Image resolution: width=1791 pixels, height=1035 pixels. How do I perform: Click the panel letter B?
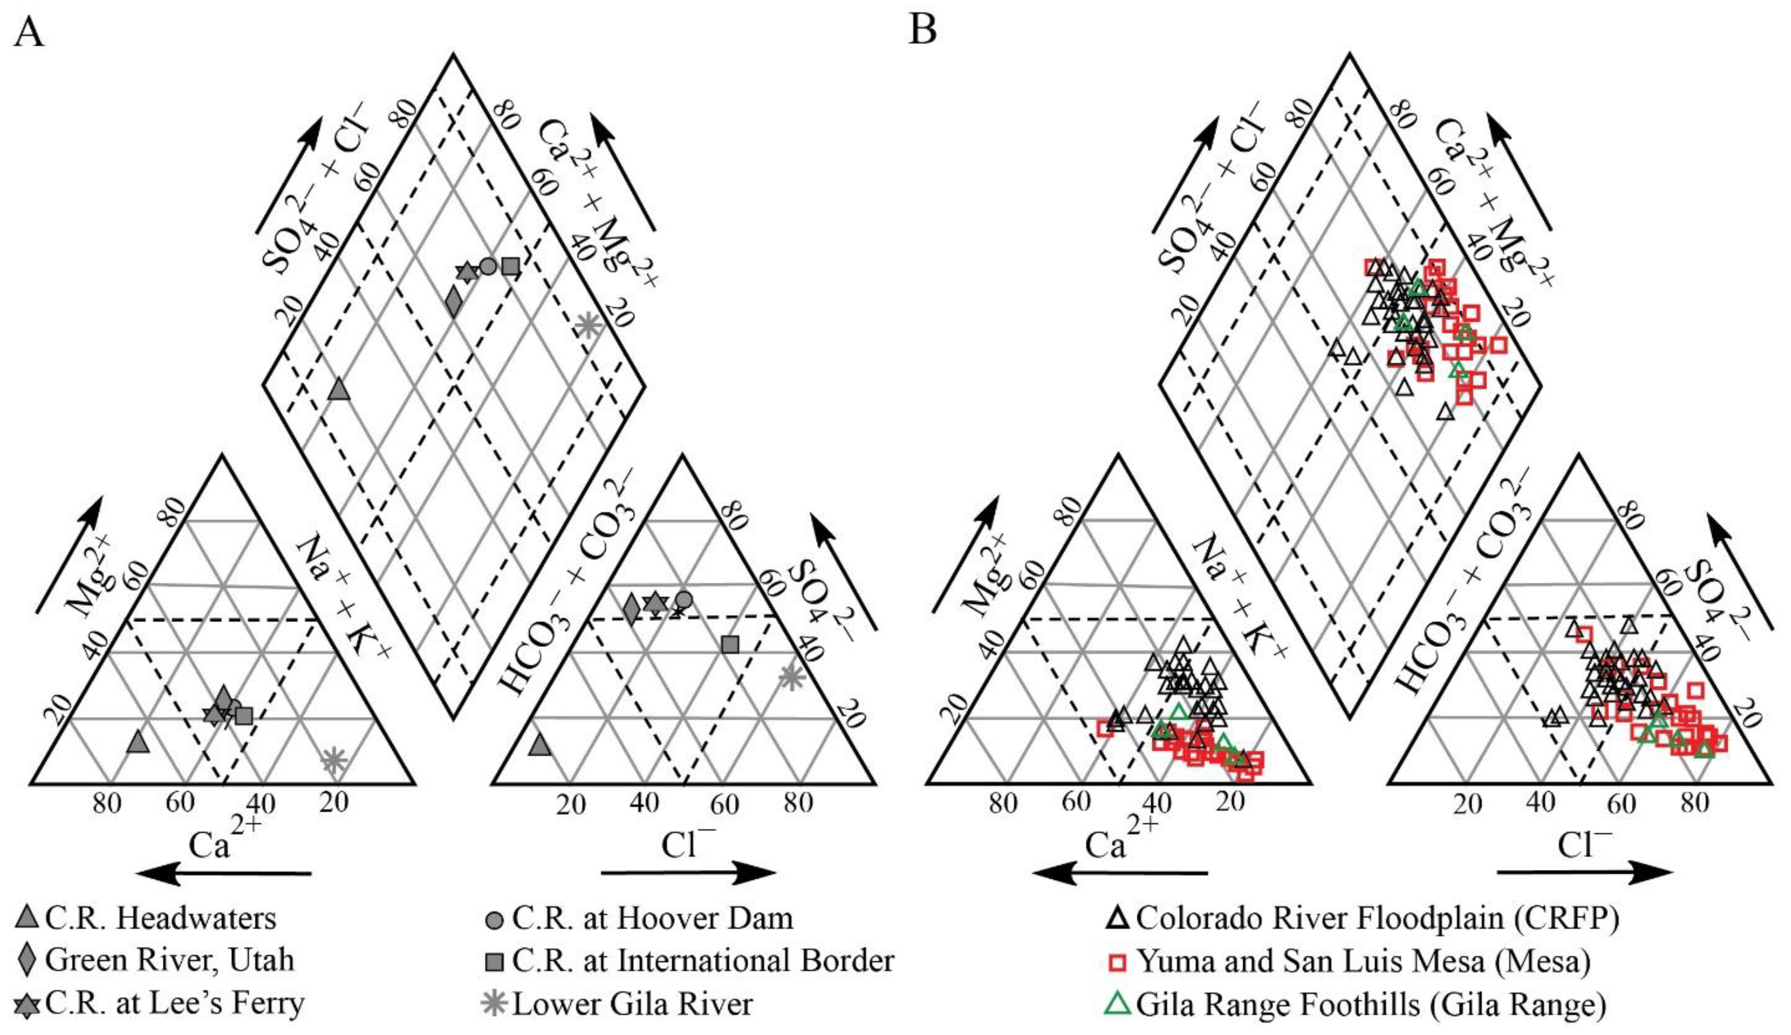[922, 32]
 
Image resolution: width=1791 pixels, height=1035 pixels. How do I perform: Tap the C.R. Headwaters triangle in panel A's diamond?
[339, 389]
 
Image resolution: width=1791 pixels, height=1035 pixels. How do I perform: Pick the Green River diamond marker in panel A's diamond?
[453, 302]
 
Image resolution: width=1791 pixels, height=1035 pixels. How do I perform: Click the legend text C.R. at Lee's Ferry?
[175, 1003]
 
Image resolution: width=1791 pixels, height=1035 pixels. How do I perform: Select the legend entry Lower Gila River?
[632, 1004]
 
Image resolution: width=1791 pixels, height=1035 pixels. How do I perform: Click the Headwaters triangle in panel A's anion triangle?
[540, 745]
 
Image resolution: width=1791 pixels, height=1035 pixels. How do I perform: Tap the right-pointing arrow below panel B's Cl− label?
[1585, 873]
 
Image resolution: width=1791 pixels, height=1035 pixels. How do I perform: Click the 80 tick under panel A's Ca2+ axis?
[107, 803]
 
